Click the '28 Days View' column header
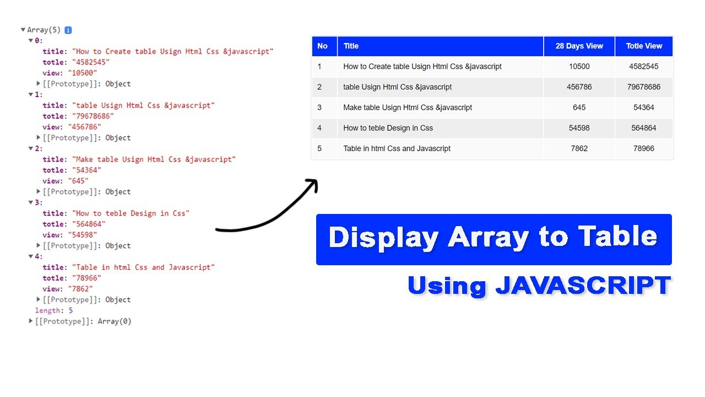[x=579, y=46]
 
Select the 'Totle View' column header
[x=644, y=46]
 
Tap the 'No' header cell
[x=323, y=46]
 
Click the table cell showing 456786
[x=579, y=87]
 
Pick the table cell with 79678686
[x=643, y=87]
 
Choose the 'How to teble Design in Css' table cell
[x=388, y=128]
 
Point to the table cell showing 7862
[x=579, y=148]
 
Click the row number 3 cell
[x=319, y=108]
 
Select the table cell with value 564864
[x=643, y=128]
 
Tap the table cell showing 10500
[x=579, y=67]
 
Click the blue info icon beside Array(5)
[x=68, y=30]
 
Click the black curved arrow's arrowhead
[x=313, y=184]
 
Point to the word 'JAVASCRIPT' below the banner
[x=582, y=286]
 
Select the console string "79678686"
[x=93, y=116]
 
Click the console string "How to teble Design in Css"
[x=131, y=213]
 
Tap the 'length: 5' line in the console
[x=54, y=310]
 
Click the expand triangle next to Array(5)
[x=23, y=30]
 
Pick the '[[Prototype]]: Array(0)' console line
[x=83, y=321]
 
